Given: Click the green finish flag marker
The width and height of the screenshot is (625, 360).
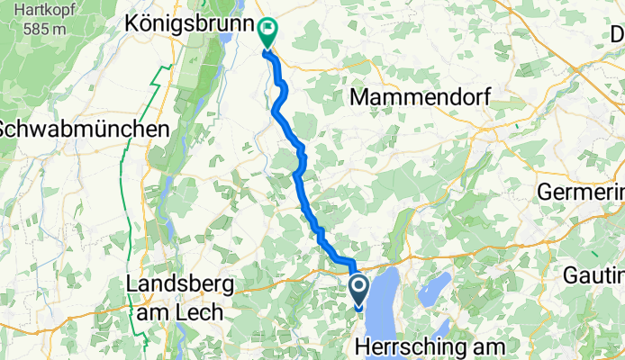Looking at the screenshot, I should pos(267,33).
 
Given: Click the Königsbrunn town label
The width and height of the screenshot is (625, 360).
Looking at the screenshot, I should pos(186,21).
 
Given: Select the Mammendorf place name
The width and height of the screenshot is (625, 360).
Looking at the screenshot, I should pos(425,96).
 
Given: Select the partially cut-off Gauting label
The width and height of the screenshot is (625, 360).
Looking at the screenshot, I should pos(596,274).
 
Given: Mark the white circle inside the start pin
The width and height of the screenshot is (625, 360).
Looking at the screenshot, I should pos(358,288).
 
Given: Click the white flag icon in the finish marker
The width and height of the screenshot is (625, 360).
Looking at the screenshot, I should pos(267,30).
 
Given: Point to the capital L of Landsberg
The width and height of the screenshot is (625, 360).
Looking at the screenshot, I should pos(134,286).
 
